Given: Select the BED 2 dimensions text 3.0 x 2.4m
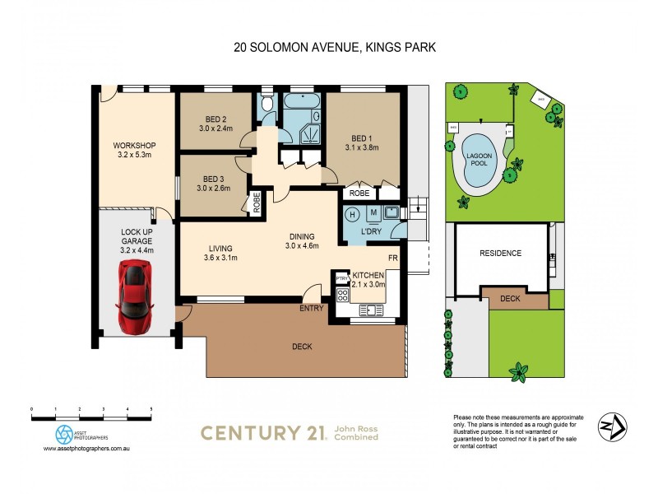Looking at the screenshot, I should click(215, 129).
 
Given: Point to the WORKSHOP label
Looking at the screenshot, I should click(134, 146).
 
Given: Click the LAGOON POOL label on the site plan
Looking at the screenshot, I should click(479, 160).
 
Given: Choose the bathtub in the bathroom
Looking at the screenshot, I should click(304, 104).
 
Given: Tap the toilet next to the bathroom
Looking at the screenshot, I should click(267, 105).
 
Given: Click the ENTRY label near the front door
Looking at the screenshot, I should click(312, 309).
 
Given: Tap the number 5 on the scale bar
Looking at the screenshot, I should click(151, 409).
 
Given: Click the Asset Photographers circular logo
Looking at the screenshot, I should click(63, 433).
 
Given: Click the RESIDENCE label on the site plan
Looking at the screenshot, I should click(500, 253).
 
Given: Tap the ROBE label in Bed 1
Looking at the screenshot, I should click(359, 193).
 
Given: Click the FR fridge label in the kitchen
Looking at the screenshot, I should click(394, 258).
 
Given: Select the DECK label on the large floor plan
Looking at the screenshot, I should click(301, 347).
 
